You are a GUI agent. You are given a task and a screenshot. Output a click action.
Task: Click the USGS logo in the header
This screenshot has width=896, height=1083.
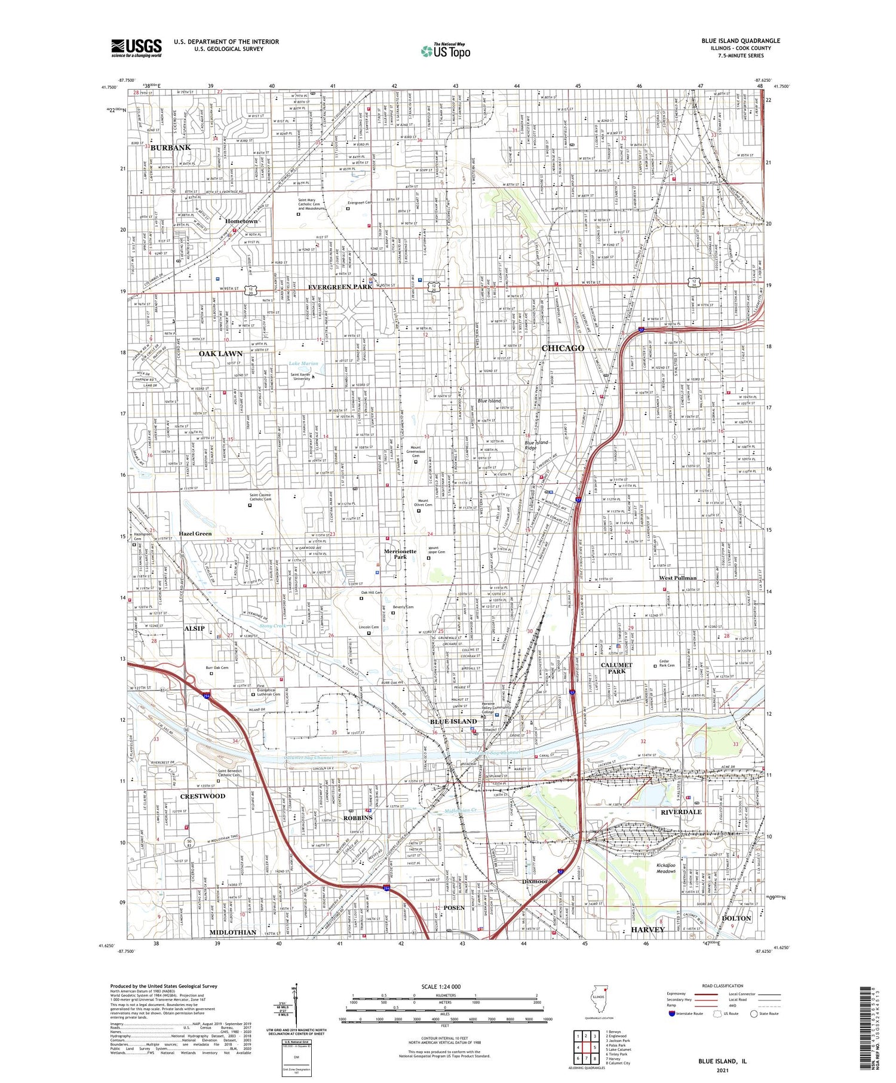click(x=136, y=48)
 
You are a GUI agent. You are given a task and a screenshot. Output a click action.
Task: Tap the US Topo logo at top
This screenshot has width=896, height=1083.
click(x=445, y=51)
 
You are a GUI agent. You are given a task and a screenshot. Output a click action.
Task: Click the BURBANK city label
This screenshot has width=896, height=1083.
click(x=171, y=148)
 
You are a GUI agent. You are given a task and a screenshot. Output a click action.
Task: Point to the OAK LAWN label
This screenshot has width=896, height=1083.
click(x=220, y=354)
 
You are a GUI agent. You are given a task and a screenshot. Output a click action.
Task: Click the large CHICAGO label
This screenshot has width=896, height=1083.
click(x=563, y=348)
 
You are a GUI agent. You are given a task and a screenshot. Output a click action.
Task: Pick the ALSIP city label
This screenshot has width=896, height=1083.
click(x=195, y=628)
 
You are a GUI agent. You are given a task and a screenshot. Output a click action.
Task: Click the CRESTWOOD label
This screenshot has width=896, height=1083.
click(x=202, y=796)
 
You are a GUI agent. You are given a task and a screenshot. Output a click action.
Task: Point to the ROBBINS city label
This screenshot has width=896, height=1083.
click(x=358, y=817)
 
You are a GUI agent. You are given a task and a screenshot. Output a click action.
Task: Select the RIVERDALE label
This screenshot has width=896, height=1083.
click(x=681, y=812)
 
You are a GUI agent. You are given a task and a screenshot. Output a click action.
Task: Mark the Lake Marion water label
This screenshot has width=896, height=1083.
click(x=303, y=363)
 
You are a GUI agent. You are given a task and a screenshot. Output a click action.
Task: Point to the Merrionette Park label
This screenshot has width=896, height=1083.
click(x=400, y=554)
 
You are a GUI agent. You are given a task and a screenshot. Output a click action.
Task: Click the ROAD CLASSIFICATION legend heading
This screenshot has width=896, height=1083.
click(x=723, y=986)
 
